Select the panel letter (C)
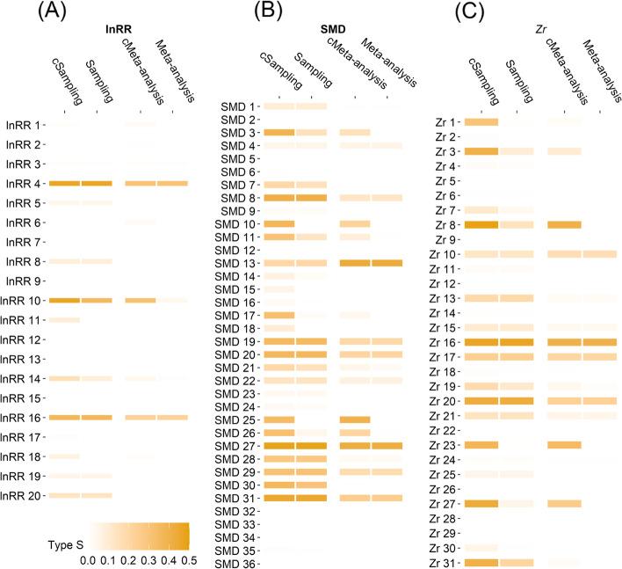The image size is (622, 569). [455, 13]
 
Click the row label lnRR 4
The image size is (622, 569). [24, 183]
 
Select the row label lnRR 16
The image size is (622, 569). [21, 417]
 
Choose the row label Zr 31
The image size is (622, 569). [441, 563]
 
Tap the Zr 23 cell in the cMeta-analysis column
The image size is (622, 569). [564, 445]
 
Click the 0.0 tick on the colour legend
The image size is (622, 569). [87, 558]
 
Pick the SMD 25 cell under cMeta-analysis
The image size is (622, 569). [356, 419]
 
